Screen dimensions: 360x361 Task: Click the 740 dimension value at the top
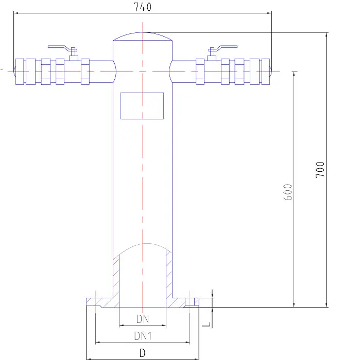tap(143, 7)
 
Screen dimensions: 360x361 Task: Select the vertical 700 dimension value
tap(320, 169)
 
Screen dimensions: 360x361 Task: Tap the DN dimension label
tap(143, 319)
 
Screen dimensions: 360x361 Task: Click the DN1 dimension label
tap(143, 336)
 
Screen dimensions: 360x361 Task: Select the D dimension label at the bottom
tap(143, 353)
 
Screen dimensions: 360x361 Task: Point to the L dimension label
tap(206, 323)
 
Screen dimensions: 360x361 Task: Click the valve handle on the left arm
tap(61, 48)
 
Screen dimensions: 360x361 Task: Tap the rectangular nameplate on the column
tap(142, 106)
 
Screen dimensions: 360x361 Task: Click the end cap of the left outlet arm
tap(18, 70)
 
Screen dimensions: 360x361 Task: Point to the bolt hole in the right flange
tap(190, 301)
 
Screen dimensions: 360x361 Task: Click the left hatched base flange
tap(100, 302)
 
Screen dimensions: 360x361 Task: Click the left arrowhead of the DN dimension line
tap(121, 326)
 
